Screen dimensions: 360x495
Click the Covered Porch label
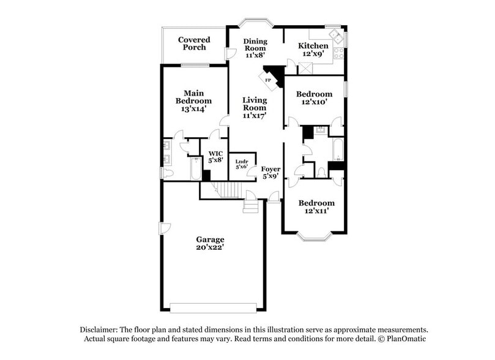coord(194,43)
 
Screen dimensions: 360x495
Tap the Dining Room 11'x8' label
coord(255,48)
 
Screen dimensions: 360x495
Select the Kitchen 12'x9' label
coord(313,50)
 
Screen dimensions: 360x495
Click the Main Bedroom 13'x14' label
coord(193,101)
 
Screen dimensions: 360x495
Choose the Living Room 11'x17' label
coord(255,107)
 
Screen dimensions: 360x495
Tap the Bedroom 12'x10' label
coord(314,98)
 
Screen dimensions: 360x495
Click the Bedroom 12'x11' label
coord(316,207)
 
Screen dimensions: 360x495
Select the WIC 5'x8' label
coord(214,157)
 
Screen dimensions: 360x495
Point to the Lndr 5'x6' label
coord(242,164)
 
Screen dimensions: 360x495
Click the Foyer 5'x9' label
coord(270,172)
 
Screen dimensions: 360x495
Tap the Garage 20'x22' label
coord(210,243)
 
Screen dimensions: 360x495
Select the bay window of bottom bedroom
coord(315,236)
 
